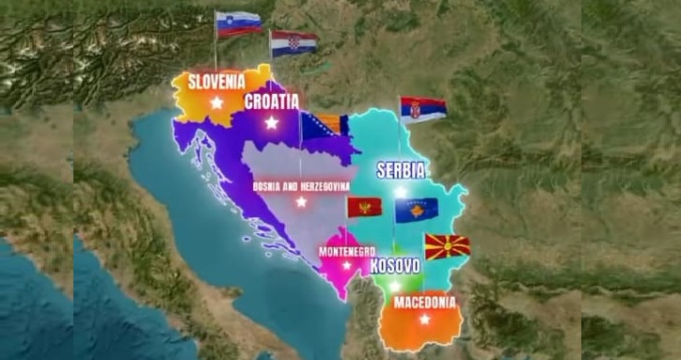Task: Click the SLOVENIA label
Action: [216, 81]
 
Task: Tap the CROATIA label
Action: [271, 102]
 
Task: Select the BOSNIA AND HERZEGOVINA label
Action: [300, 186]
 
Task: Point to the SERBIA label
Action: [401, 171]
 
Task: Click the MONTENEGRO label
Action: [347, 251]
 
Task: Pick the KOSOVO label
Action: [395, 266]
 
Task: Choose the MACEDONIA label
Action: [425, 303]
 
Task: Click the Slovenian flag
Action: [238, 23]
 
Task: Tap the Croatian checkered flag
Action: [294, 43]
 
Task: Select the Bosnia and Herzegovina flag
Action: [325, 127]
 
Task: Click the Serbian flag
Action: [423, 109]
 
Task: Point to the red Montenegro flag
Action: [364, 207]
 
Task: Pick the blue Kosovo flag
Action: [416, 210]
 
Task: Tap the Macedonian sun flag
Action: [448, 247]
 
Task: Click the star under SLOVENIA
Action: [216, 102]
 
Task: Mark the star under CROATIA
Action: [272, 122]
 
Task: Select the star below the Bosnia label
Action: [301, 202]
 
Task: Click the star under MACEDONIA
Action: [424, 320]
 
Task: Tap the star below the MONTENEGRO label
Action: [347, 265]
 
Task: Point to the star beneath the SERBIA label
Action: [401, 192]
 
